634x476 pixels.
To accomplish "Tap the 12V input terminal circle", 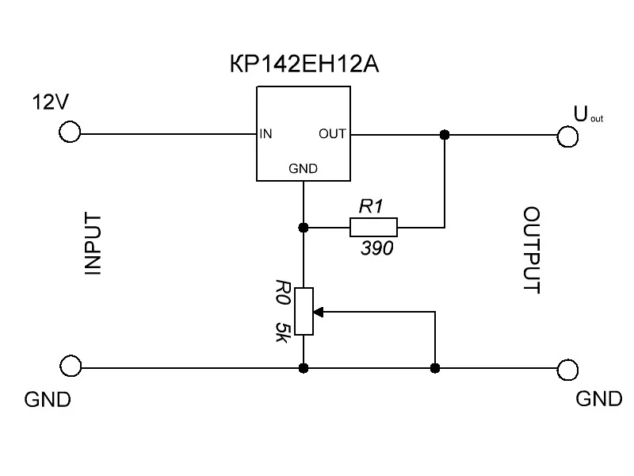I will pyautogui.click(x=70, y=132).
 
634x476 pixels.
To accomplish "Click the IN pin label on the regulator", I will pyautogui.click(x=266, y=134).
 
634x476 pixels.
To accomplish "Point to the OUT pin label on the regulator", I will pyautogui.click(x=332, y=134).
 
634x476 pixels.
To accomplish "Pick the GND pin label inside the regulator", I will pyautogui.click(x=303, y=168).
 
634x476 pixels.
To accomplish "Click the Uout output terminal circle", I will pyautogui.click(x=567, y=136).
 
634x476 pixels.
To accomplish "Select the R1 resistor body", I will pyautogui.click(x=373, y=228).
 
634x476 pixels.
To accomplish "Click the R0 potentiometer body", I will pyautogui.click(x=304, y=312).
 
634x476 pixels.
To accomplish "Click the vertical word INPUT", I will pyautogui.click(x=94, y=244).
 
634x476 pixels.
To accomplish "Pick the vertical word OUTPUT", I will pyautogui.click(x=532, y=251).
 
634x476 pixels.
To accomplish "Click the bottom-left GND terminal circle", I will pyautogui.click(x=70, y=367).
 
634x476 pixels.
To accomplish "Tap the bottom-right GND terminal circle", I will pyautogui.click(x=567, y=370).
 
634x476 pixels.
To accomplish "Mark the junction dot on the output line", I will pyautogui.click(x=445, y=135).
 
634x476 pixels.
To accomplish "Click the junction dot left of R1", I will pyautogui.click(x=304, y=228).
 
